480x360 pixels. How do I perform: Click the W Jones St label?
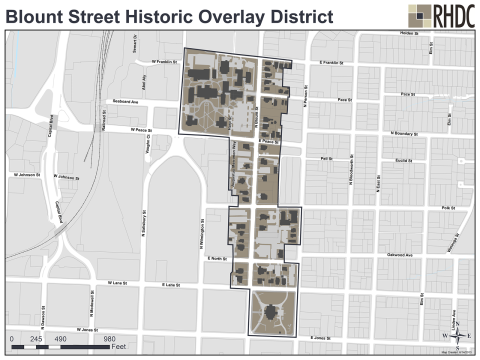(x=91, y=326)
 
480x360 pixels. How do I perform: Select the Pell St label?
(x=325, y=158)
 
